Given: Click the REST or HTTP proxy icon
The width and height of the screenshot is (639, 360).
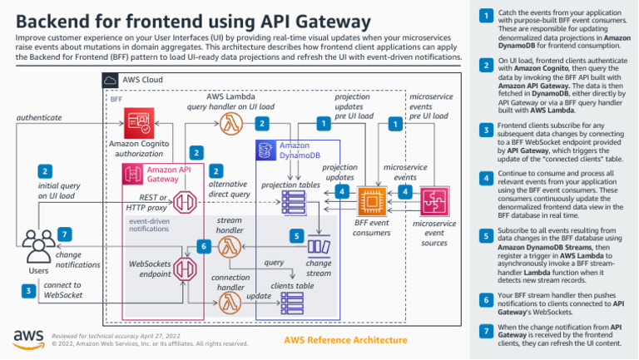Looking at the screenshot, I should [x=187, y=202].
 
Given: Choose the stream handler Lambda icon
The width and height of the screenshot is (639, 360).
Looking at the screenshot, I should [x=230, y=247].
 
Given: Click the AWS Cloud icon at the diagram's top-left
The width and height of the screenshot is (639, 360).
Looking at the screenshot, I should [x=110, y=80].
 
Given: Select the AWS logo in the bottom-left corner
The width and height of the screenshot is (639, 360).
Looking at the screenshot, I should [x=28, y=338].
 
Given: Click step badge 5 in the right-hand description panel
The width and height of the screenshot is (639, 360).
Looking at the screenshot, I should [x=486, y=237].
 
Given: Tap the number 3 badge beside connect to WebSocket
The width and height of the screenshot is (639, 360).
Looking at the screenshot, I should [x=28, y=290].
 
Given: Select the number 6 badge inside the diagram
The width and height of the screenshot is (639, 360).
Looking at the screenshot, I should [x=202, y=245].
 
